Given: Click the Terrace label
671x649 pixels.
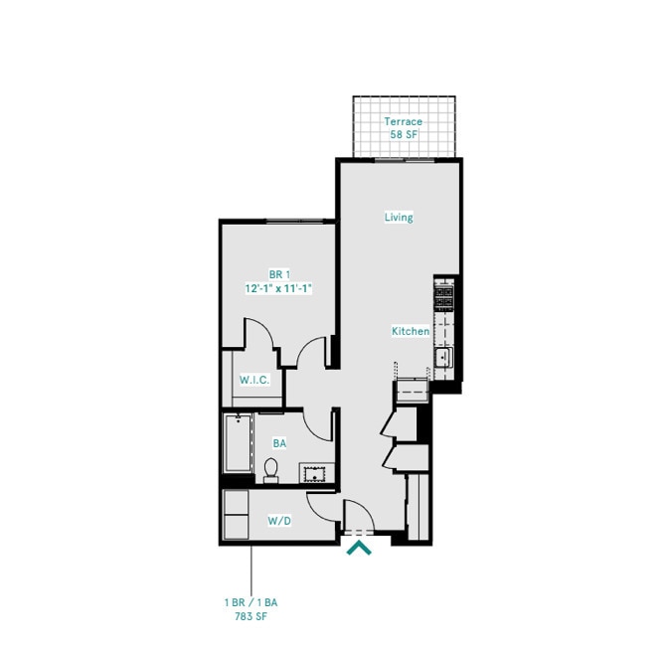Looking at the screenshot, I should click(x=404, y=121).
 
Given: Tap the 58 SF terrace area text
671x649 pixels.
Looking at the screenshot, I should click(x=404, y=134).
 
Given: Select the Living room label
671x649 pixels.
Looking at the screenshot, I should click(x=399, y=218).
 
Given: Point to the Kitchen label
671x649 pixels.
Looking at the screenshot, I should click(x=410, y=331).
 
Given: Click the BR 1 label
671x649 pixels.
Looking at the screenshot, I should click(x=279, y=275).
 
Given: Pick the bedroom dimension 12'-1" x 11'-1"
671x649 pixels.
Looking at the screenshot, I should click(x=279, y=288).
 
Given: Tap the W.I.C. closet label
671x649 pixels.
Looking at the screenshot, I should click(x=254, y=381).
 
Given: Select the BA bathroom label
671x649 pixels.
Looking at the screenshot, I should click(x=280, y=444).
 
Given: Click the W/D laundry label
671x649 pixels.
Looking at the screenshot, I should click(x=279, y=521).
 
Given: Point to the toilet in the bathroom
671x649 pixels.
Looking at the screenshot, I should click(x=271, y=469).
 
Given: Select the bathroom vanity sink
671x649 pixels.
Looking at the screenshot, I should click(x=318, y=473).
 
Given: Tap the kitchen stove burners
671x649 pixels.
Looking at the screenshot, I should click(x=443, y=294).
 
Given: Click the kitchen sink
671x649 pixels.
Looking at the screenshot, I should click(x=443, y=355).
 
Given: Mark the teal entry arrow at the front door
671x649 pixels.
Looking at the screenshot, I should click(x=359, y=546).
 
